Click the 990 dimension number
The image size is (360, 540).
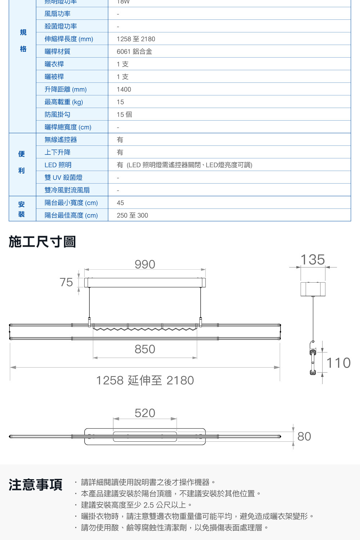[145, 265]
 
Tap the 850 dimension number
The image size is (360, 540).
[145, 349]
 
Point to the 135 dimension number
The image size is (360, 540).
[312, 260]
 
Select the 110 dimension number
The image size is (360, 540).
[338, 363]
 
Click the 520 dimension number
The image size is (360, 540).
[145, 413]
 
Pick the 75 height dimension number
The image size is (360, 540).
[66, 282]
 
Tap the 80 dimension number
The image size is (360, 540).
[304, 436]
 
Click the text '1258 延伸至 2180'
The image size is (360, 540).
[145, 380]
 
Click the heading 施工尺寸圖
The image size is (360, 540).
[42, 242]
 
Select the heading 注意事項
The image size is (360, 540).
[35, 485]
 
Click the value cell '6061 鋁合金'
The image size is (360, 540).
[134, 51]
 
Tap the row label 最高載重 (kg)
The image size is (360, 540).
[64, 102]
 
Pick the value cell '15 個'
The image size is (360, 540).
[124, 114]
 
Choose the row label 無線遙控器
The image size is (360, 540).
[60, 140]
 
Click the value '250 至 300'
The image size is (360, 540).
[132, 215]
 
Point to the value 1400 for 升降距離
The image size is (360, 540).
[124, 89]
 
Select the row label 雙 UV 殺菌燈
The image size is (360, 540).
[63, 177]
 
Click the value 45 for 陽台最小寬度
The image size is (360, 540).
[120, 203]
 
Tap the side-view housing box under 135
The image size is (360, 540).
[313, 289]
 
